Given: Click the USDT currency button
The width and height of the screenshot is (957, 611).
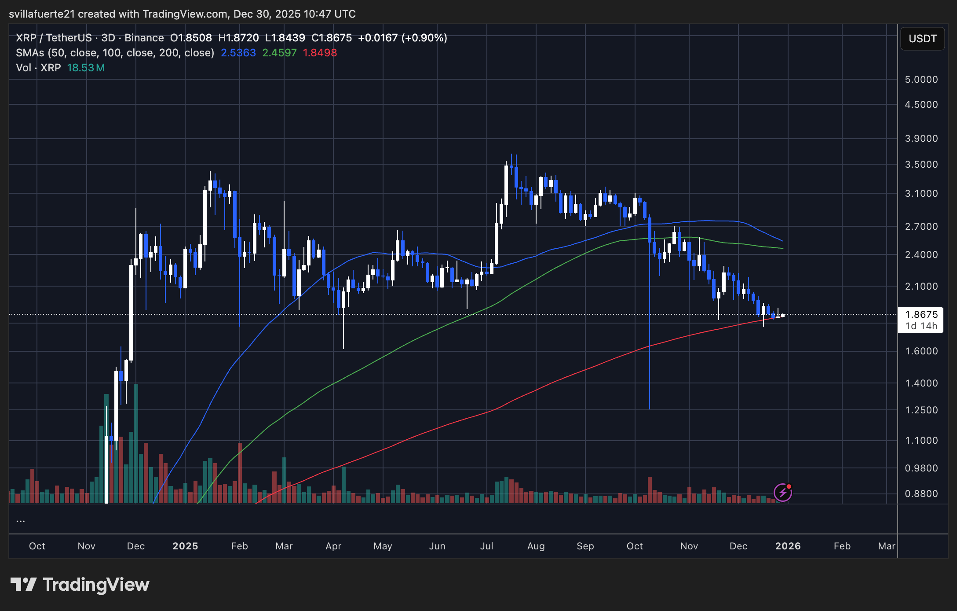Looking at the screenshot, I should coord(922,39).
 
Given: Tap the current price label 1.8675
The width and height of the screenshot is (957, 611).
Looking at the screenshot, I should coord(921,314).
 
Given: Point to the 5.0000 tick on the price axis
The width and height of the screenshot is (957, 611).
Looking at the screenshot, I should coord(921,80).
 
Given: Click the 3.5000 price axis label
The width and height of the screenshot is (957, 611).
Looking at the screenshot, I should coord(921,165).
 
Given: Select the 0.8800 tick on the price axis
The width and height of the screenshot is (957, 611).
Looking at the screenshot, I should coord(921,494).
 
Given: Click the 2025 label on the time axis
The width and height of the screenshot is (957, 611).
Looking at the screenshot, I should coord(185,546).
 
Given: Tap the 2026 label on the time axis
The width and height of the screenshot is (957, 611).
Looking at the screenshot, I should coord(788,546).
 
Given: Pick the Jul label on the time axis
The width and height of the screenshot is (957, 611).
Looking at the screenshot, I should coord(486,546).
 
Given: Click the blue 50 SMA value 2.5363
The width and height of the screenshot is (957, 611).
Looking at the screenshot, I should coord(238,53).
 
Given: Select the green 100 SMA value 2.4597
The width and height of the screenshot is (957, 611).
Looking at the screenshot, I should coord(279,53).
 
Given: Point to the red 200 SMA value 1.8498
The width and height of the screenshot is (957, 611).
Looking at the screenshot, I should coord(320,53).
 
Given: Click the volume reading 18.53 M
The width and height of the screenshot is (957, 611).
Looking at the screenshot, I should coord(86,68).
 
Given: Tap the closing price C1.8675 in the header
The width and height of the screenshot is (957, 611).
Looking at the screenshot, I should coord(332,38).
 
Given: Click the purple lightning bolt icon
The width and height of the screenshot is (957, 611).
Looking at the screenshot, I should coord(783,492).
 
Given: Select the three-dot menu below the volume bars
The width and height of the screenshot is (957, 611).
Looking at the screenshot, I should coord(20,521).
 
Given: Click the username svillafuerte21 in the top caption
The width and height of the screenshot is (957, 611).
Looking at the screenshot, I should coord(42,14).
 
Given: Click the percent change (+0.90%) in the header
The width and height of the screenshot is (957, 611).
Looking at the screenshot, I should coord(424,38).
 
